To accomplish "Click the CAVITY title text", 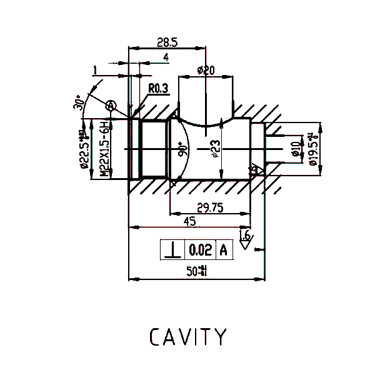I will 187,337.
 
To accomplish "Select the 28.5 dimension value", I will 167,43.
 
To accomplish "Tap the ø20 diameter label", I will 206,70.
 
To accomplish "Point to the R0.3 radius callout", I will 159,89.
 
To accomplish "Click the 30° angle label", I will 79,103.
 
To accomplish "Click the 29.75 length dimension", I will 211,207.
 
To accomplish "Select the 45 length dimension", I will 189,222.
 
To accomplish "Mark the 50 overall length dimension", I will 196,271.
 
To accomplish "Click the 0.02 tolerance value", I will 201,250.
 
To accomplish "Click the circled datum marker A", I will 111,106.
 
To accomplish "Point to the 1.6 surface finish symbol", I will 245,237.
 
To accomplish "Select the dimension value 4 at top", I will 166,57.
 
